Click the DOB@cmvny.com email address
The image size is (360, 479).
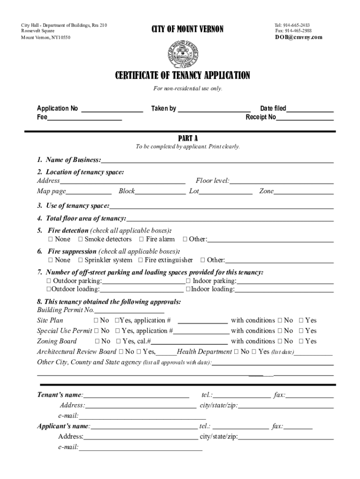[x=298, y=37]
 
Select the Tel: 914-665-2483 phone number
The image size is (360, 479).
[x=292, y=25]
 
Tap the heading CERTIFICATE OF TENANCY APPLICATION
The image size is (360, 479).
[x=183, y=75]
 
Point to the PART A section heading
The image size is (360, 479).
[x=188, y=138]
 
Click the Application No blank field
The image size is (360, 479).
[x=112, y=111]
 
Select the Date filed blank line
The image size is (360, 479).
[x=310, y=111]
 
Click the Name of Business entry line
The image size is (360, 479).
[x=217, y=161]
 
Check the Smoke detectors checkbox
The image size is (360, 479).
[x=80, y=239]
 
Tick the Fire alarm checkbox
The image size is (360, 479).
[x=142, y=239]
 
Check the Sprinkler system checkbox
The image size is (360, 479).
[x=80, y=260]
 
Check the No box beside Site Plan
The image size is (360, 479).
[x=96, y=320]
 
